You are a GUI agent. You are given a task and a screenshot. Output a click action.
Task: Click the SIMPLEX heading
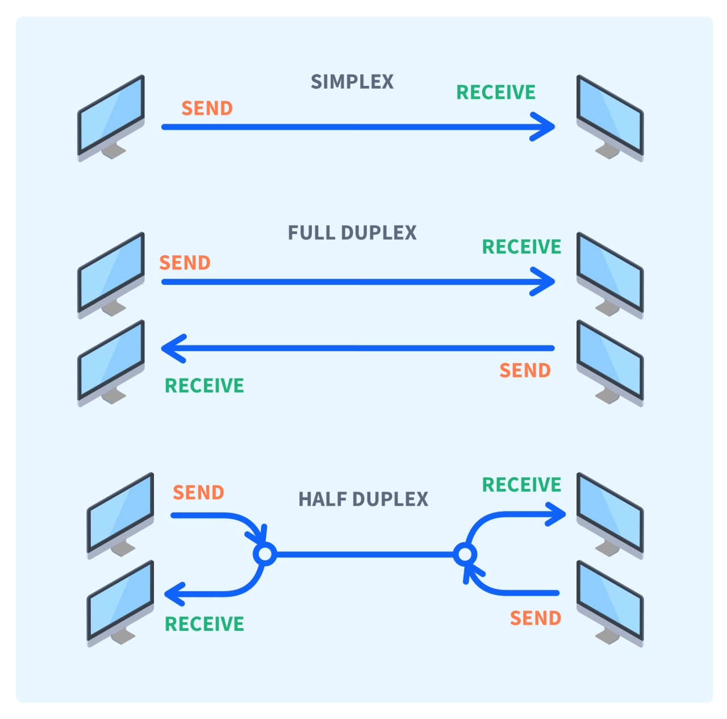point(352,82)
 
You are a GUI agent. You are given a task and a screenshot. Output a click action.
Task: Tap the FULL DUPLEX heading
point(352,232)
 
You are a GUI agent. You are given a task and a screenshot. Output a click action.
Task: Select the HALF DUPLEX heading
point(363,499)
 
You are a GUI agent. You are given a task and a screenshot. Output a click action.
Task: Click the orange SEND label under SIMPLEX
point(207,108)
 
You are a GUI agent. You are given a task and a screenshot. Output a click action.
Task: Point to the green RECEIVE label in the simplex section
point(496,92)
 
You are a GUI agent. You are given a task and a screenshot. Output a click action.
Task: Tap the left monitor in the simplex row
point(111,118)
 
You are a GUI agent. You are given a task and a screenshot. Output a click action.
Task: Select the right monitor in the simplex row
point(609,118)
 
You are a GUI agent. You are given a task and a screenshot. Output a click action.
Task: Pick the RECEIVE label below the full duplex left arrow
point(204,385)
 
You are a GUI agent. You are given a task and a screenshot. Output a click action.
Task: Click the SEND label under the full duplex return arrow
point(525,371)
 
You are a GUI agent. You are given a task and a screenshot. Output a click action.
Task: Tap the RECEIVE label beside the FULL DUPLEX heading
point(521,247)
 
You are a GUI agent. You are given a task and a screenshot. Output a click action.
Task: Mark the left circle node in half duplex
point(265,554)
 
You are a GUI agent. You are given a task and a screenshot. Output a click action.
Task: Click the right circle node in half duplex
point(465,554)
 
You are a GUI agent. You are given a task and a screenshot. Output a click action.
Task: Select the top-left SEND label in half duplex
point(198,492)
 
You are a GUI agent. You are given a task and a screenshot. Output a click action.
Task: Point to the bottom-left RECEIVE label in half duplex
point(204,624)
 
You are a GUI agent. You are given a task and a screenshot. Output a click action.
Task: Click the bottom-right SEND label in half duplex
point(536,618)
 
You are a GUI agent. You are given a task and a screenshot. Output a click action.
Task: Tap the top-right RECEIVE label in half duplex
point(521,484)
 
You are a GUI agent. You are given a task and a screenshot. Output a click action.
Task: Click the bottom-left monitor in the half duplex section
point(120,604)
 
